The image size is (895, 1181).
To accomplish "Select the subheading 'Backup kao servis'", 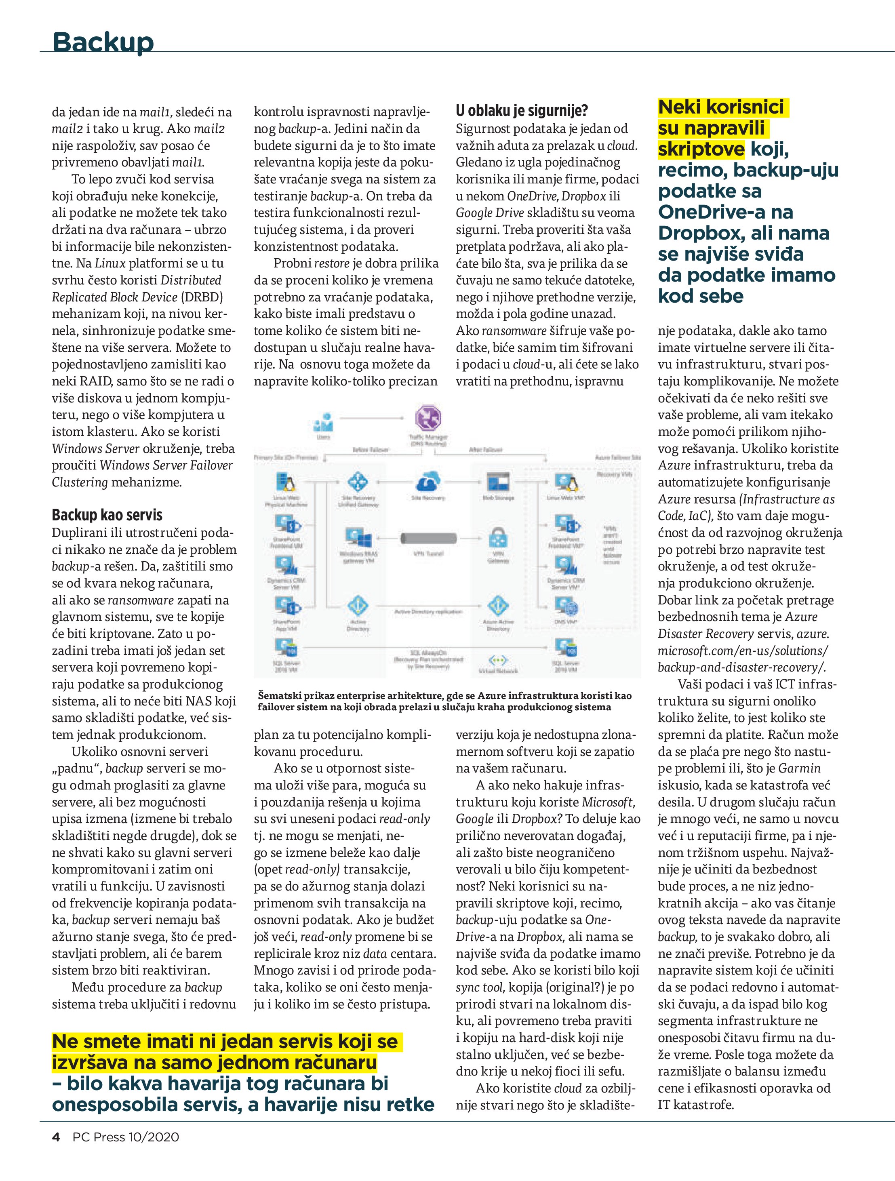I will (x=107, y=515).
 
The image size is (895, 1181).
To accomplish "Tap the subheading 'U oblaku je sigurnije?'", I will (x=521, y=111).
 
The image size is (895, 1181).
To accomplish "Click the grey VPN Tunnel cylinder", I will (x=428, y=538).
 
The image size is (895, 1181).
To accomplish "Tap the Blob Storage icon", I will (x=498, y=483).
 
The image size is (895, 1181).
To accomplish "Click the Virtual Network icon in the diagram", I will (x=498, y=661).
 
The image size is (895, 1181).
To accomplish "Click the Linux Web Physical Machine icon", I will (x=286, y=484).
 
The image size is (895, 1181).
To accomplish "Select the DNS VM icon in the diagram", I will (x=566, y=606).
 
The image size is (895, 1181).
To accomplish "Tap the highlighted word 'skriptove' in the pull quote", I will (x=701, y=149).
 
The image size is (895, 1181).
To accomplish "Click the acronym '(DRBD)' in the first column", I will (x=202, y=297).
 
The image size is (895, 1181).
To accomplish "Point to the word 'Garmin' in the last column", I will (x=799, y=768).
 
